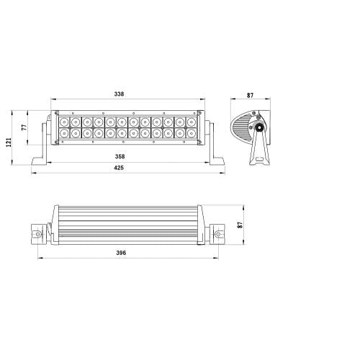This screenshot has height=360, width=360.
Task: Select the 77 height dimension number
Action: (24, 127)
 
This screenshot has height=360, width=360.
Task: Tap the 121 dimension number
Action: (9, 140)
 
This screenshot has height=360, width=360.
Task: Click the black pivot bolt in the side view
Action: (257, 129)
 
